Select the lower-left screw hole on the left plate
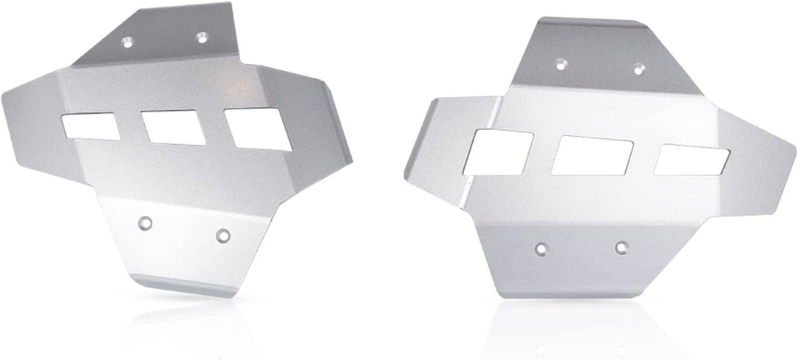(x=146, y=220)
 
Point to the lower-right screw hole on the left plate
(x=222, y=235)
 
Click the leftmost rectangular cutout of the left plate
(x=90, y=126)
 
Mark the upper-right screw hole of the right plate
(x=638, y=69)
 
